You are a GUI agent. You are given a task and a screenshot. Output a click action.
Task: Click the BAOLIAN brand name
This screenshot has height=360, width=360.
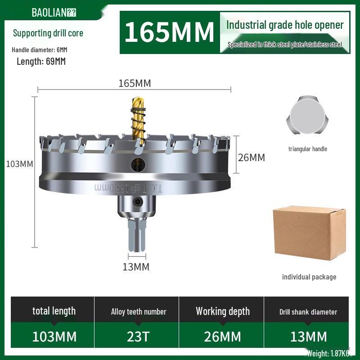click(x=49, y=12)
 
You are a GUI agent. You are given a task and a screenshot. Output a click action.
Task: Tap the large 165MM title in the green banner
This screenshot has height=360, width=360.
click(x=169, y=32)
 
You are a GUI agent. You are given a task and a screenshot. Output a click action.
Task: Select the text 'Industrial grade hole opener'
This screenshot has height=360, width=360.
click(x=285, y=25)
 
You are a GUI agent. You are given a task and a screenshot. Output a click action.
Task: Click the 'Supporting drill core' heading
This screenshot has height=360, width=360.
click(x=48, y=33)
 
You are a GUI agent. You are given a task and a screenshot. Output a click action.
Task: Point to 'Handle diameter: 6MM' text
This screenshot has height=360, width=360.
click(x=40, y=49)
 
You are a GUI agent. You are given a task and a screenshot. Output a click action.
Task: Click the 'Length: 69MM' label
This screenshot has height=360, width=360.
click(x=41, y=62)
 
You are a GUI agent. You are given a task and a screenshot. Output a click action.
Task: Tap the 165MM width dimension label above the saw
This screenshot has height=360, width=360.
click(x=135, y=83)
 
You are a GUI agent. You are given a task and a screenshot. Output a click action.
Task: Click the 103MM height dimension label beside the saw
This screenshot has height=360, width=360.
click(x=19, y=164)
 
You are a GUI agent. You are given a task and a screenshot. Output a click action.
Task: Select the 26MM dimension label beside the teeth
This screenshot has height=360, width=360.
click(x=251, y=157)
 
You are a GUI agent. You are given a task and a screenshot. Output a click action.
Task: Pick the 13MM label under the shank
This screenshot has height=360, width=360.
click(x=136, y=267)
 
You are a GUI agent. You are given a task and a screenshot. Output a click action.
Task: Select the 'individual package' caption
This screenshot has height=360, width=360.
click(x=309, y=277)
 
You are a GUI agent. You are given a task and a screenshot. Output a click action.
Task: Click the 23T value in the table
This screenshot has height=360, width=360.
click(x=139, y=336)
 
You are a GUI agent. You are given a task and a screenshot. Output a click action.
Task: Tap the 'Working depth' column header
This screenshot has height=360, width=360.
click(x=222, y=311)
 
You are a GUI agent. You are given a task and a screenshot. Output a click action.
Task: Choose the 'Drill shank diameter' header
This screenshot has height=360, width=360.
click(x=308, y=312)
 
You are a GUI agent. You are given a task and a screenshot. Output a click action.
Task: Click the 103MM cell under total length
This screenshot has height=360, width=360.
click(x=54, y=336)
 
